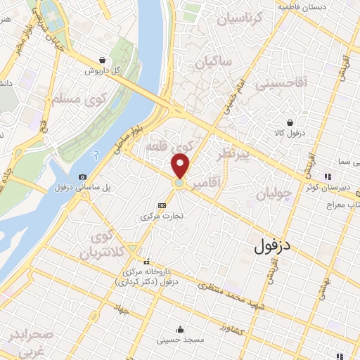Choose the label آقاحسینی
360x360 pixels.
281,84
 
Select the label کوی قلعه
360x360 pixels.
168,147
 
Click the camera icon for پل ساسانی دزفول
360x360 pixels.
84,176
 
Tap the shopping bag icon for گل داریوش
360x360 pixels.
103,60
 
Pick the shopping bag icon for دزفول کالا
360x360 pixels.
288,122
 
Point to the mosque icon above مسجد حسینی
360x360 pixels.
181,329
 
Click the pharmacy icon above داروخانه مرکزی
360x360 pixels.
147,262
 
